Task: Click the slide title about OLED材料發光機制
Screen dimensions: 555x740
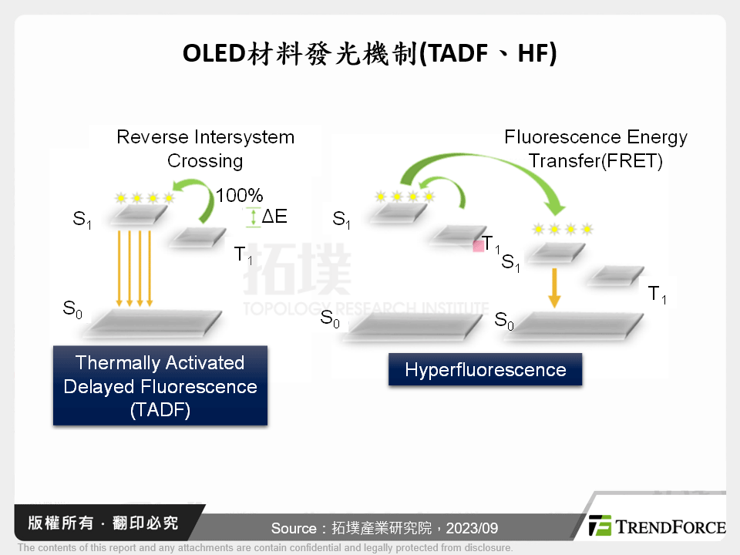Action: tap(369, 55)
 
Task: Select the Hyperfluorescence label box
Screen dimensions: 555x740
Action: tap(485, 369)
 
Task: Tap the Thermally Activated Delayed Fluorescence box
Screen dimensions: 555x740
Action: tap(160, 385)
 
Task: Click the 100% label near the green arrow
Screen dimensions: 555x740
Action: tap(239, 195)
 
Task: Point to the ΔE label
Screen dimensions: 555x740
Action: tap(274, 217)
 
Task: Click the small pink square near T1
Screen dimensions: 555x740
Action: tap(478, 245)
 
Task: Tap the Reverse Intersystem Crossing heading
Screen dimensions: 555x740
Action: tap(205, 149)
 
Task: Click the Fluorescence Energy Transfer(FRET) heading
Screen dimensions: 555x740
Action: tap(595, 149)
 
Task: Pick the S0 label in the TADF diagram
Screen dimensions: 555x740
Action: tap(72, 310)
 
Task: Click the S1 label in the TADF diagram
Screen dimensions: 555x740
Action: tap(82, 220)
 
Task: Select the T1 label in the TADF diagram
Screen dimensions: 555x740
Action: tap(244, 256)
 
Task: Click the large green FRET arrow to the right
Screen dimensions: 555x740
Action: tap(493, 173)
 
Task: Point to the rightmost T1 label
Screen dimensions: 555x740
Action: tap(657, 294)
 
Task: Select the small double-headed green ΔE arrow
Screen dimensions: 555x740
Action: tap(253, 217)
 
